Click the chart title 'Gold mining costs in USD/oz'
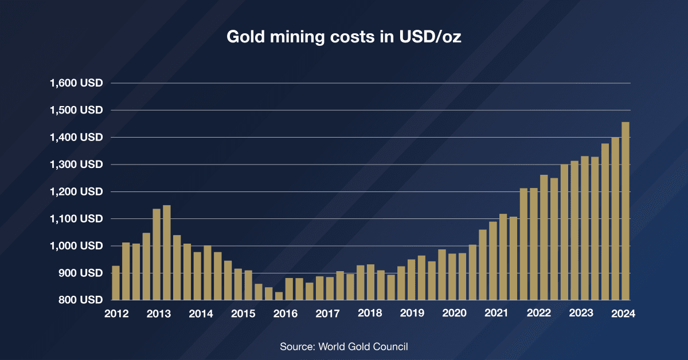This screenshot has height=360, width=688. (x=344, y=37)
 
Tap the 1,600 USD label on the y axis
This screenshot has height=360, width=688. (x=76, y=83)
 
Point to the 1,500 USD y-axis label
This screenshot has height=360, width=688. (x=76, y=110)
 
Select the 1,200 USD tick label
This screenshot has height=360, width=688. (x=76, y=191)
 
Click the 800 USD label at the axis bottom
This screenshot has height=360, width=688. (x=80, y=300)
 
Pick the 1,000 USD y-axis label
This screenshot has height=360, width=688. (x=76, y=246)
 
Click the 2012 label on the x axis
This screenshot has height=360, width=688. (x=116, y=314)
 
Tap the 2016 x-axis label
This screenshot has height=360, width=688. (x=285, y=314)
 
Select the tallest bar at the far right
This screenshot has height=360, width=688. (x=626, y=211)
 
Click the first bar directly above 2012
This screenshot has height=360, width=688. (x=116, y=283)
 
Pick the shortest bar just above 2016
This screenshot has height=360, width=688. (x=279, y=296)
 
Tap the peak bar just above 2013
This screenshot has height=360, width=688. (x=167, y=252)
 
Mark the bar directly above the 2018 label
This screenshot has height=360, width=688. (x=370, y=282)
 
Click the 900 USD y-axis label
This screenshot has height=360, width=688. (x=80, y=273)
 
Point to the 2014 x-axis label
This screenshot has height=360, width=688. (x=201, y=314)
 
